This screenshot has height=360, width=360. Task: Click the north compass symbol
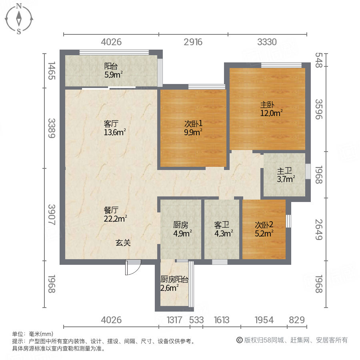[x=19, y=18]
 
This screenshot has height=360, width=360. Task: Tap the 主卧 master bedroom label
[x=268, y=105]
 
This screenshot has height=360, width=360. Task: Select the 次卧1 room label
[x=193, y=123]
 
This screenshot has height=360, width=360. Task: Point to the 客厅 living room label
[x=111, y=123]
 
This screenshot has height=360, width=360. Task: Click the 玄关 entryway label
[x=124, y=242]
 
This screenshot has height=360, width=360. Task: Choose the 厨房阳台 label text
[x=174, y=280]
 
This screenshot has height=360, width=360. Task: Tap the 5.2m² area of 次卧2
[x=264, y=232]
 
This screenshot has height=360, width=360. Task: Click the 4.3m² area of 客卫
[x=224, y=232]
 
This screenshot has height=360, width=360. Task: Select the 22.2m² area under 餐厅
[x=115, y=218]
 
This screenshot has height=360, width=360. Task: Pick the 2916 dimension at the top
[x=193, y=42]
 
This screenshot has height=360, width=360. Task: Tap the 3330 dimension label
[x=267, y=42]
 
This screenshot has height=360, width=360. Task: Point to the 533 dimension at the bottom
[x=196, y=320]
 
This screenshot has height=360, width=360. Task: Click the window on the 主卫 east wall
[x=308, y=171]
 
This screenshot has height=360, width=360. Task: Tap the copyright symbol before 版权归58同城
[x=240, y=340]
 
